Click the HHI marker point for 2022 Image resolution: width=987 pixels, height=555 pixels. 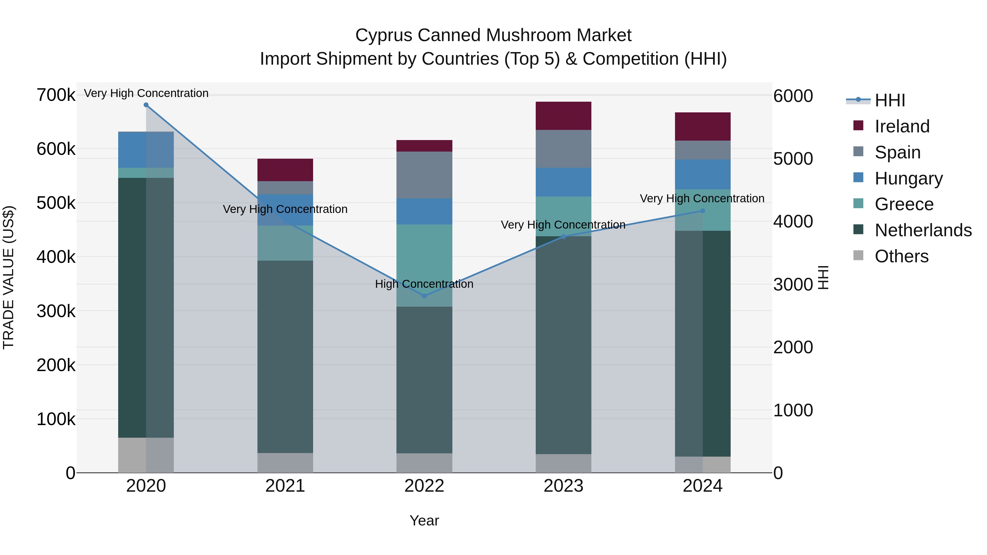tap(424, 296)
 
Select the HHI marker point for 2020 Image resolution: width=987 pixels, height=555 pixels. tap(146, 105)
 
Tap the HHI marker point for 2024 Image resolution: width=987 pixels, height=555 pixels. tap(702, 211)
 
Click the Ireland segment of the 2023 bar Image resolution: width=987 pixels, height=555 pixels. tap(563, 116)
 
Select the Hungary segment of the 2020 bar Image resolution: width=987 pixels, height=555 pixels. tap(146, 149)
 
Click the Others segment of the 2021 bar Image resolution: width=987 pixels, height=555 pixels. tap(285, 463)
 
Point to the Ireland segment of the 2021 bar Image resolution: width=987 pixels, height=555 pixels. tap(285, 170)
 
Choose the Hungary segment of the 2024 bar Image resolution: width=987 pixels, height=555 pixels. tap(702, 174)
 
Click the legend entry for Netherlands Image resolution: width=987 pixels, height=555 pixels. tap(923, 230)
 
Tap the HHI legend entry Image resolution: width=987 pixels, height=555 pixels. tap(889, 100)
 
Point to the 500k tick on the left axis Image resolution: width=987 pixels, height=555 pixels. tap(56, 203)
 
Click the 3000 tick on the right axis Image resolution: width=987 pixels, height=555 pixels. tap(793, 284)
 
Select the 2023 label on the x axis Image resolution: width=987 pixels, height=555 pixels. tap(563, 486)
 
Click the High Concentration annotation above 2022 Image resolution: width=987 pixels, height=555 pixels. tap(424, 284)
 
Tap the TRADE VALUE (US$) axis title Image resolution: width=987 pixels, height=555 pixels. tap(8, 277)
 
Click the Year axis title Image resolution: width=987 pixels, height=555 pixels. tap(424, 520)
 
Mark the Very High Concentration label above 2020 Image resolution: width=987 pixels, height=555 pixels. tap(146, 93)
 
